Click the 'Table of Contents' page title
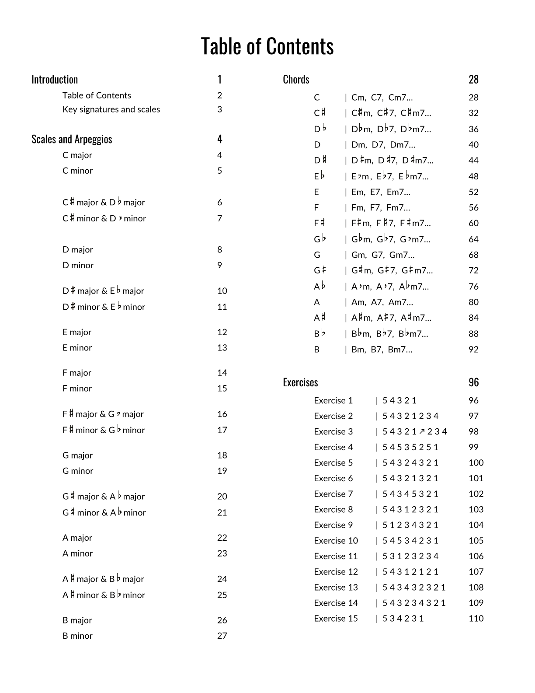click(267, 46)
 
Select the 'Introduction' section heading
click(55, 80)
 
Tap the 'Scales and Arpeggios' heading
click(72, 139)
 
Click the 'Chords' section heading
click(296, 80)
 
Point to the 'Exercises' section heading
click(300, 382)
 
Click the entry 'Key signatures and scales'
click(111, 109)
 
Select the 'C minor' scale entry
click(77, 171)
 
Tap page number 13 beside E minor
click(222, 348)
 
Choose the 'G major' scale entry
click(77, 455)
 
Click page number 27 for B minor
click(222, 636)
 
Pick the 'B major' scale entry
click(77, 620)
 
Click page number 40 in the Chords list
click(473, 145)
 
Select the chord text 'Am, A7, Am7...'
click(382, 302)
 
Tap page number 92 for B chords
click(473, 350)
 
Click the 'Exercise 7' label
click(333, 494)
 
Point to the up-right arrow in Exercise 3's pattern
click(422, 432)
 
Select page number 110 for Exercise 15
click(476, 619)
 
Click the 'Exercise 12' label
click(336, 572)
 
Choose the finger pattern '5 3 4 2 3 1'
click(403, 619)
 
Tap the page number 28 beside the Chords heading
click(473, 80)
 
